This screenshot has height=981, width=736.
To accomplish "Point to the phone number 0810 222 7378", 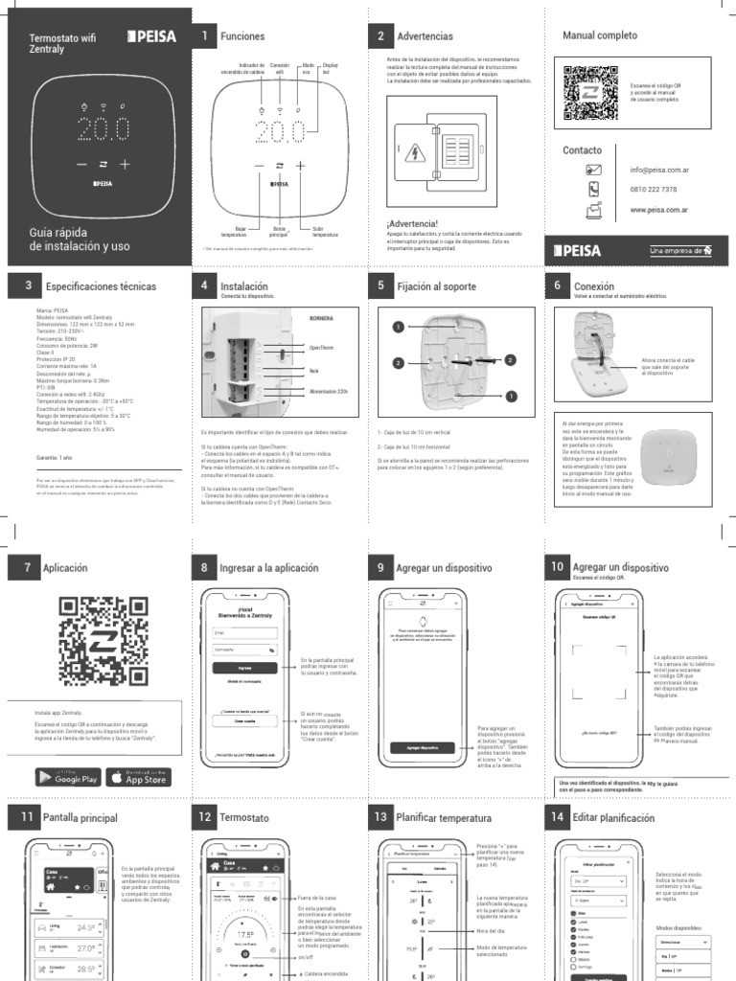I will click(x=654, y=190).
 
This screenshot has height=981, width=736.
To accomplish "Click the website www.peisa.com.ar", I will click(x=660, y=209).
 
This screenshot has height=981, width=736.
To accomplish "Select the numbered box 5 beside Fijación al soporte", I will click(x=380, y=285).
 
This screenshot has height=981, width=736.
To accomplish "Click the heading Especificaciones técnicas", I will click(x=101, y=286).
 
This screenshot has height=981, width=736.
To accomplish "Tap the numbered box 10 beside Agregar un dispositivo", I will click(x=556, y=567).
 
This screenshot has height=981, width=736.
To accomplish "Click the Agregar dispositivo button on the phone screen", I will click(x=422, y=746).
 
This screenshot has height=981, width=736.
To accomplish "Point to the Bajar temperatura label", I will click(x=234, y=232).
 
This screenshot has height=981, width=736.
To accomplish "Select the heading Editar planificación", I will click(x=613, y=818).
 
